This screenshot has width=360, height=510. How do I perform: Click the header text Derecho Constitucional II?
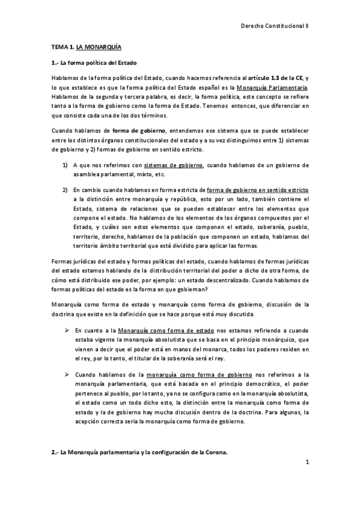point(274,27)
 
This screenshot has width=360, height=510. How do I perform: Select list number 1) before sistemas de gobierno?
point(64,165)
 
